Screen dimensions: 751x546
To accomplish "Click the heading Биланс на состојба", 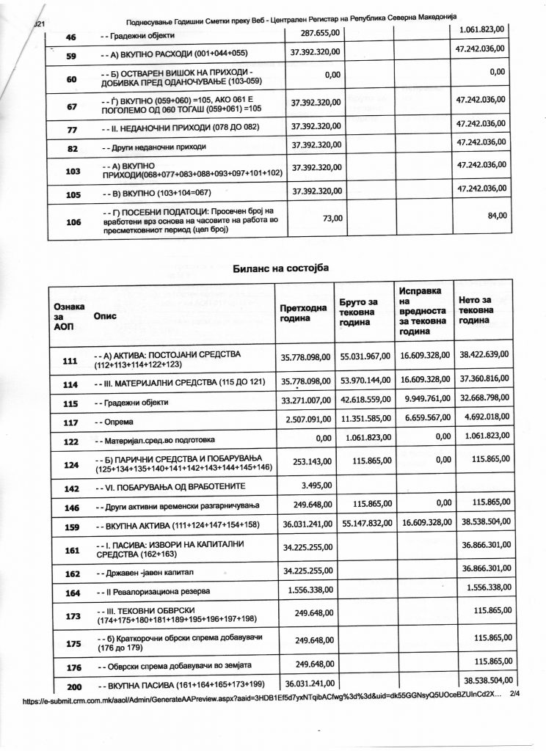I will tap(280, 268).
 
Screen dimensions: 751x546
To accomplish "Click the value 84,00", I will tap(496, 216).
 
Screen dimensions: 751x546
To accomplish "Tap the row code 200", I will tap(73, 687).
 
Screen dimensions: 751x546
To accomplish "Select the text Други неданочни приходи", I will tap(155, 147).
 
